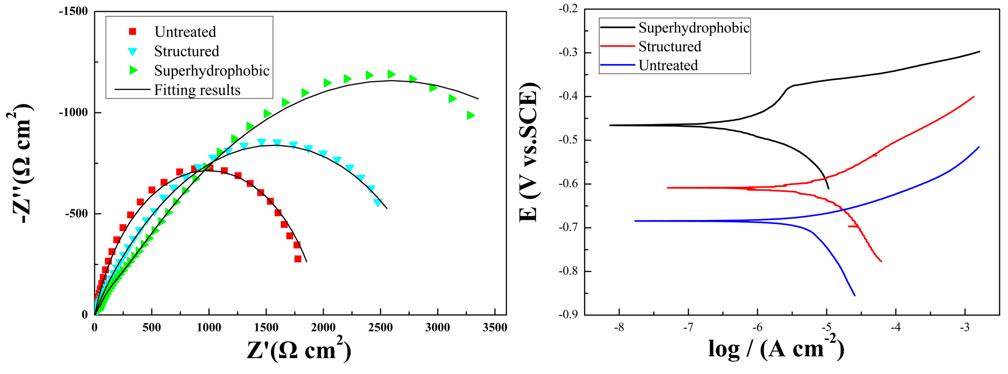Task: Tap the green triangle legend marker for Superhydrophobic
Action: point(134,70)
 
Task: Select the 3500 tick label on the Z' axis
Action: point(495,327)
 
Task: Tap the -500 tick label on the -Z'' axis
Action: point(76,214)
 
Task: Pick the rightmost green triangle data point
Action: point(471,115)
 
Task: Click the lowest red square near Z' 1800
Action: point(298,259)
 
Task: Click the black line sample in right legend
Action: point(617,27)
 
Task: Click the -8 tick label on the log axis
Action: point(619,327)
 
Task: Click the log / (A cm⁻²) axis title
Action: point(776,348)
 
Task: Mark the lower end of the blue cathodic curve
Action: point(855,295)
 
